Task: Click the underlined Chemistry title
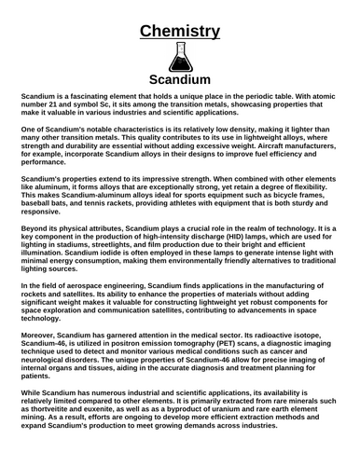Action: coord(180,32)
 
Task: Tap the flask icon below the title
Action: coord(180,58)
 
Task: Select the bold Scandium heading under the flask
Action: coord(180,80)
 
